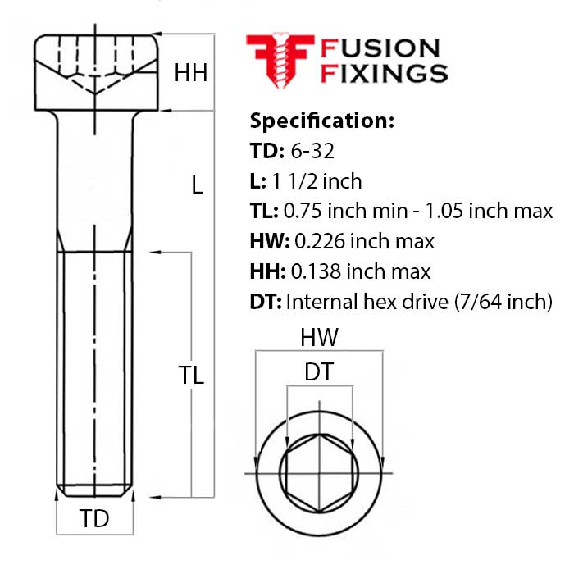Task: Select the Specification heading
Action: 321,121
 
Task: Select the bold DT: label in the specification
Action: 266,302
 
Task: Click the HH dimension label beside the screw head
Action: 190,74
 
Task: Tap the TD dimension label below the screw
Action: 94,518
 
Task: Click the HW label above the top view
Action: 319,337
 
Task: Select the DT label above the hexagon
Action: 318,372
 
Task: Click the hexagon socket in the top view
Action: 318,472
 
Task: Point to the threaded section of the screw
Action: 97,369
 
